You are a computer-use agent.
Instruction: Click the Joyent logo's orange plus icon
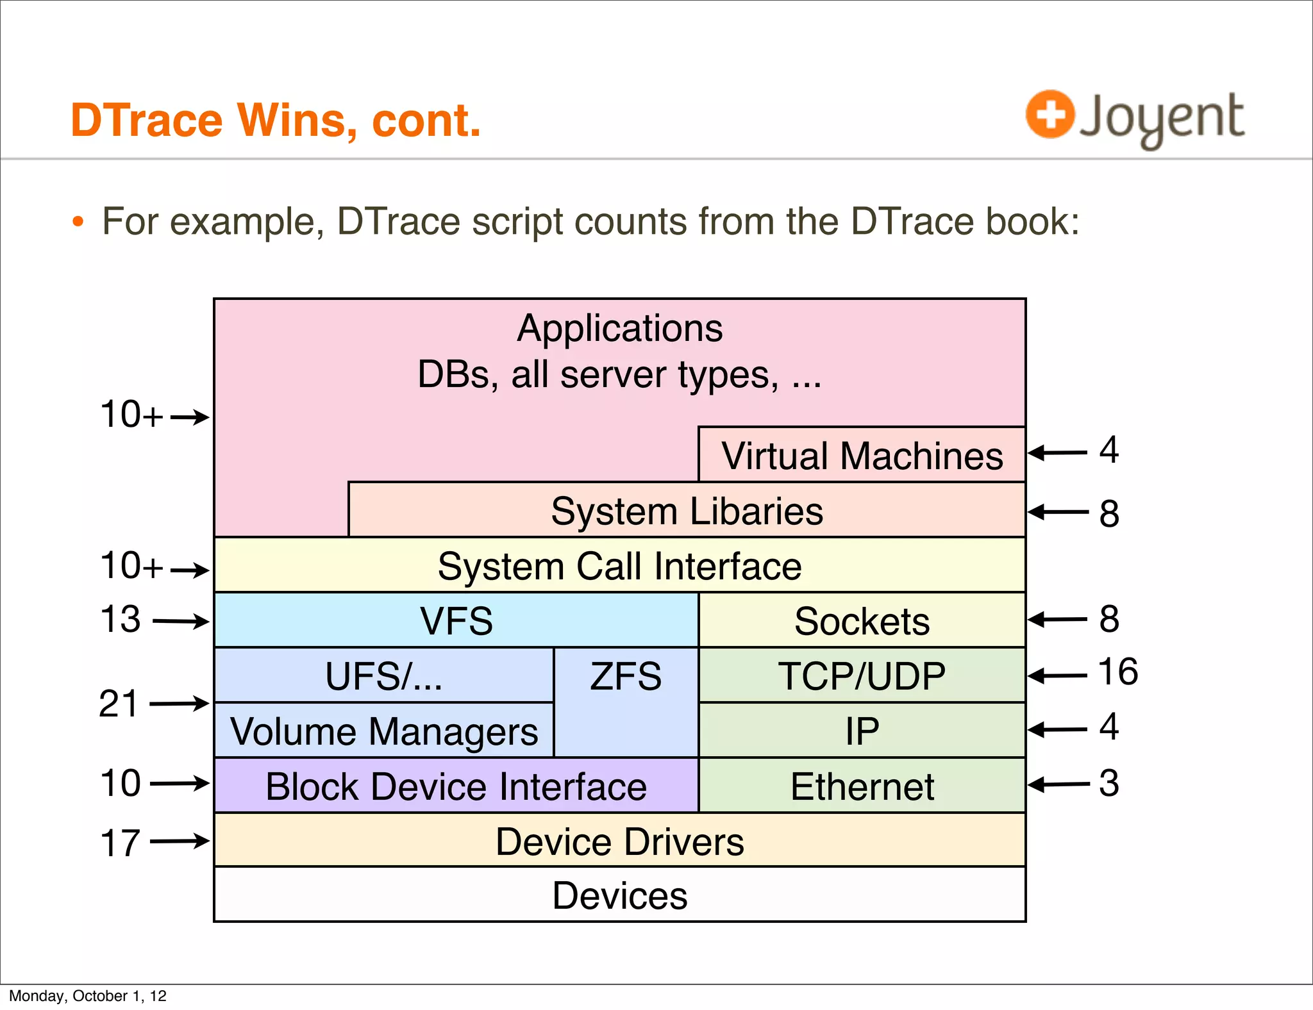[x=1049, y=114]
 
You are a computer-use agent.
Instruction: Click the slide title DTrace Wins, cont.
[x=276, y=120]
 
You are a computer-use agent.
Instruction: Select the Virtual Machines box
[x=862, y=455]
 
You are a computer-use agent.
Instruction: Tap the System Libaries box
[x=686, y=511]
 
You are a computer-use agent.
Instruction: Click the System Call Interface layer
[x=619, y=566]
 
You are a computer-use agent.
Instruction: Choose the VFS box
[x=456, y=620]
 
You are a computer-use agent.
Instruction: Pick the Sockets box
[x=862, y=620]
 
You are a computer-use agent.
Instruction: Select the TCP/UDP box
[x=862, y=675]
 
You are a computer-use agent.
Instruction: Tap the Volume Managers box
[x=384, y=731]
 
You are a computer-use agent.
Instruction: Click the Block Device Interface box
[x=456, y=786]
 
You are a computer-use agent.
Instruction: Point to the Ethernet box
[x=862, y=786]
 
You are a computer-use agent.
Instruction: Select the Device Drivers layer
[x=619, y=841]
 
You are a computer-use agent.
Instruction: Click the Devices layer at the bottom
[x=619, y=895]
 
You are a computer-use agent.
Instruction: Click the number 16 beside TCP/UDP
[x=1117, y=672]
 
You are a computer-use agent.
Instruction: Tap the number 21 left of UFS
[x=119, y=704]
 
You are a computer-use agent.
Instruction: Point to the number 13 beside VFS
[x=120, y=619]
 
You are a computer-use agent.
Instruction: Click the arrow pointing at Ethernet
[x=1058, y=784]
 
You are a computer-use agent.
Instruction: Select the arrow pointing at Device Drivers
[x=180, y=841]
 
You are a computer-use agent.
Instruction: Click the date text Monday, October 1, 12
[x=88, y=995]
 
